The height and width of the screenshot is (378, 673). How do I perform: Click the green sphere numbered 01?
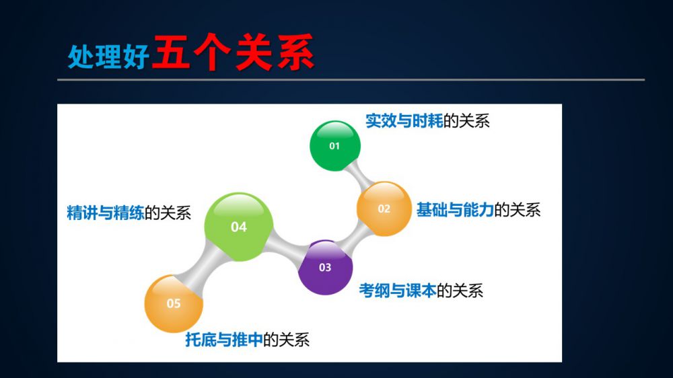[x=334, y=146]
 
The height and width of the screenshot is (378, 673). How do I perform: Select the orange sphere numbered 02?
[x=384, y=209]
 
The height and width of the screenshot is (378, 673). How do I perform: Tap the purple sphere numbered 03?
[x=325, y=267]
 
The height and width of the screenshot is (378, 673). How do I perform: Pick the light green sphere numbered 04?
[x=239, y=227]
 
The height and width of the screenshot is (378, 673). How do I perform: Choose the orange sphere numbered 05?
[x=174, y=303]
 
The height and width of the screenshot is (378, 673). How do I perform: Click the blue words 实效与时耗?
[x=404, y=121]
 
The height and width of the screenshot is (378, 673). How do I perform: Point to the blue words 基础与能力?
[x=455, y=210]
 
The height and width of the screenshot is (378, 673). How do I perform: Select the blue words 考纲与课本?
[x=398, y=291]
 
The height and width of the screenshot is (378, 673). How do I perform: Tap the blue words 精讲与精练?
[x=105, y=213]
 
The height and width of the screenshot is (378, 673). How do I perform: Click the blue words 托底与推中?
[x=223, y=340]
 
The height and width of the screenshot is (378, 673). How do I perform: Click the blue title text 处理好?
[x=108, y=56]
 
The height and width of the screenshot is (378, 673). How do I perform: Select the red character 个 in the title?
[x=213, y=52]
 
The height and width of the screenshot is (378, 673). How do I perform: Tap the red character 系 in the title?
[x=295, y=52]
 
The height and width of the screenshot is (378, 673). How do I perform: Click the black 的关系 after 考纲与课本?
[x=460, y=291]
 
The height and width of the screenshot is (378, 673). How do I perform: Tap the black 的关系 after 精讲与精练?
[x=168, y=213]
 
